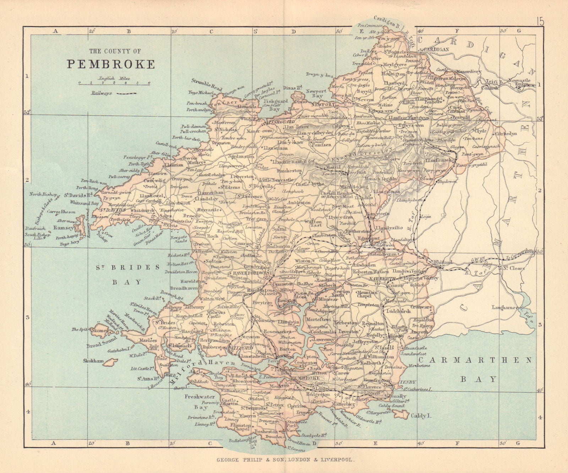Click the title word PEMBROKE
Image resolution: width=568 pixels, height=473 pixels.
111,64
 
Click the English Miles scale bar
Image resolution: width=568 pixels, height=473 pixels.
114,84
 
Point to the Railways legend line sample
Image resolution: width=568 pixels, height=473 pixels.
127,93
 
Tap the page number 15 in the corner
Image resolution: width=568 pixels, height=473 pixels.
540,21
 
